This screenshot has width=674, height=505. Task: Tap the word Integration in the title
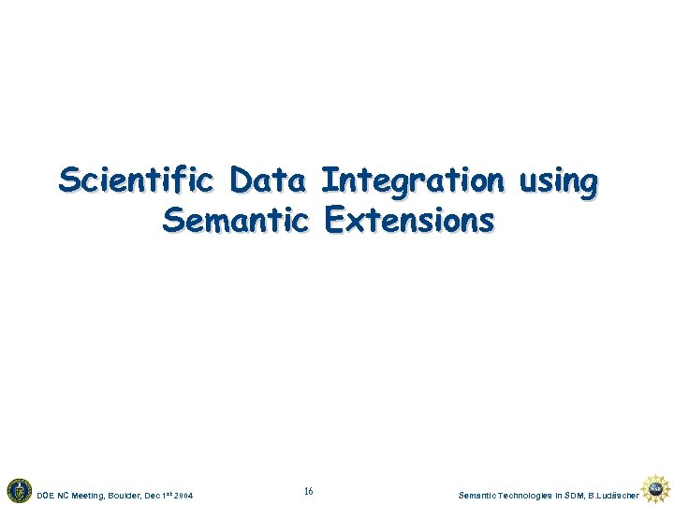tap(411, 180)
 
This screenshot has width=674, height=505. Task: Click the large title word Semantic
tap(235, 221)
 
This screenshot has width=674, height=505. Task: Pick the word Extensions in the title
tap(406, 221)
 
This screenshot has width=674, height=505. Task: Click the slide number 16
tap(309, 492)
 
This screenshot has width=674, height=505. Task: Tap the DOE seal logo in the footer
tap(19, 489)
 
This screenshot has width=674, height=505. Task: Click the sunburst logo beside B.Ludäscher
tap(655, 487)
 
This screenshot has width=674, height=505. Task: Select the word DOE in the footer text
tap(44, 494)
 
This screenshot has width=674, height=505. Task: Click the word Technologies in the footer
tap(533, 494)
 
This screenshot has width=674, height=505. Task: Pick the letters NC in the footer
tap(64, 494)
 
